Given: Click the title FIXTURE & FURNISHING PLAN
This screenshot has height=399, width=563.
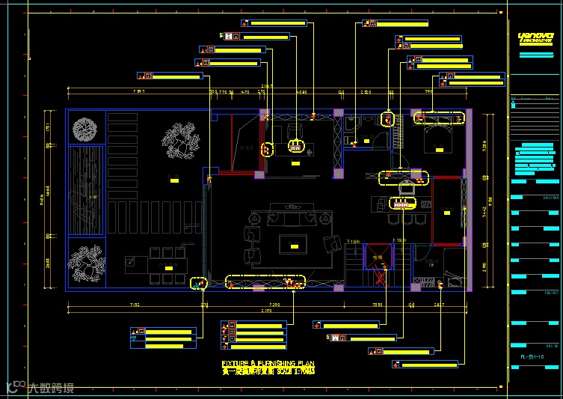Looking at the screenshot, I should click(x=268, y=363).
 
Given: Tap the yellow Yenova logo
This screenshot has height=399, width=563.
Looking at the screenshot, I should click(x=535, y=37).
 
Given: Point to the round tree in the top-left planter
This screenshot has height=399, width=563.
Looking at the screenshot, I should click(x=86, y=130).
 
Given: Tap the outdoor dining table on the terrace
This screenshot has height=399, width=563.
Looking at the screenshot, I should click(x=167, y=266).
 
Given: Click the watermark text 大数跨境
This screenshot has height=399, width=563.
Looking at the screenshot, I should click(x=51, y=388).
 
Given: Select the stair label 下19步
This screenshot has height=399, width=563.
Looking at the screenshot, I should click(x=354, y=241).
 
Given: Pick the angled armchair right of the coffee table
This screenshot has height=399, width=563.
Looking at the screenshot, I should click(x=330, y=244).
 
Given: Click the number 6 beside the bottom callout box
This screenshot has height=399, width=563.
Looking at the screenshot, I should click(x=327, y=337).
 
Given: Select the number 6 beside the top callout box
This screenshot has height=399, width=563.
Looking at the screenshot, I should click(x=221, y=35).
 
